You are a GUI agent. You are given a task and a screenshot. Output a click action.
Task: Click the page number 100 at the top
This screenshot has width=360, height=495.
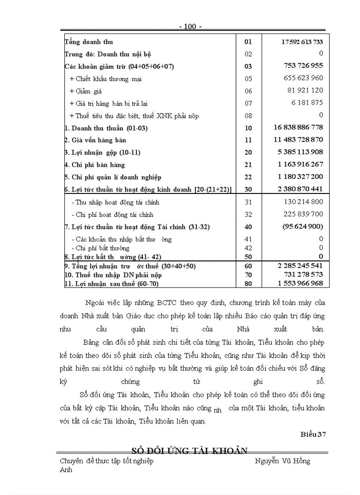click(x=190, y=27)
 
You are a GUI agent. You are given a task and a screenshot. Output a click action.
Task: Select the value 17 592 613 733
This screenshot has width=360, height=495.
click(x=302, y=42)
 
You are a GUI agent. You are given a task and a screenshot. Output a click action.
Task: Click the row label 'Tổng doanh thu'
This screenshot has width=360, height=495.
click(x=89, y=42)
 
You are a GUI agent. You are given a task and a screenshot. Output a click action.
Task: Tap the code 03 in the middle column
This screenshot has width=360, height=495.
click(x=248, y=66)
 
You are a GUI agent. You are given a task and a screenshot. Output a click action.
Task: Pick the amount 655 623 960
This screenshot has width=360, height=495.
click(x=304, y=78)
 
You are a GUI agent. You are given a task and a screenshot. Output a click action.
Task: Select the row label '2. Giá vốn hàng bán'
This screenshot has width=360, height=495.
click(x=95, y=140)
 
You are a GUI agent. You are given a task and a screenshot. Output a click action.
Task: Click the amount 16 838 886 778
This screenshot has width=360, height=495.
click(x=298, y=127)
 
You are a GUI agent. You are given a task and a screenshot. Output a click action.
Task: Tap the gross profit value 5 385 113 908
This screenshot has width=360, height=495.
click(x=300, y=152)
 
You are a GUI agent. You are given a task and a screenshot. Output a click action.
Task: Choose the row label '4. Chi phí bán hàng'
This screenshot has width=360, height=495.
click(x=95, y=165)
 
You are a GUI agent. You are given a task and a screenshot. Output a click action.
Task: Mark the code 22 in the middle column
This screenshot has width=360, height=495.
click(x=248, y=177)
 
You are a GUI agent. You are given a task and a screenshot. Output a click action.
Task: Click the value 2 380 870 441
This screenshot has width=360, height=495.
click(x=300, y=189)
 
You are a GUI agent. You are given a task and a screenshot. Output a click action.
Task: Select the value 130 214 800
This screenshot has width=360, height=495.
click(x=304, y=202)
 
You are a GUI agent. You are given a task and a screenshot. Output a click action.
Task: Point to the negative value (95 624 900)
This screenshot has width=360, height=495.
click(x=302, y=227)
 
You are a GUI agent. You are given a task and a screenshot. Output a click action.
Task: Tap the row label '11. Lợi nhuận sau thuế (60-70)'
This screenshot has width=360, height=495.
click(x=112, y=283)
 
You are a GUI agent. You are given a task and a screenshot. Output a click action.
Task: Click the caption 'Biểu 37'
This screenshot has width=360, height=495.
click(x=313, y=435)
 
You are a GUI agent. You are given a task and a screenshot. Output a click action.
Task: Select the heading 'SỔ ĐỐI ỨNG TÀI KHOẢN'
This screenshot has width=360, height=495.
click(x=190, y=450)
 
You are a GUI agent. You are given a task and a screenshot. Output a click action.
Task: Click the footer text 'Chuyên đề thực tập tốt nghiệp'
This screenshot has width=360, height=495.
click(x=107, y=461)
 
